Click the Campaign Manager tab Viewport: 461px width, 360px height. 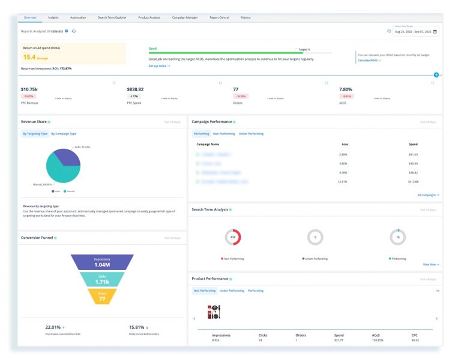[x=185, y=17]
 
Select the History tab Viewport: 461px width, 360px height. [x=246, y=17]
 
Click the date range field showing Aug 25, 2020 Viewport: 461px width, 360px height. [x=415, y=31]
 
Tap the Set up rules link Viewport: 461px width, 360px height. [x=159, y=65]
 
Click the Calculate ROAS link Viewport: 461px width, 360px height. [x=368, y=61]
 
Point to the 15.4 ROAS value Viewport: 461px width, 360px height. [x=29, y=57]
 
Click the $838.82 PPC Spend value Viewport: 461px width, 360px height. [x=135, y=89]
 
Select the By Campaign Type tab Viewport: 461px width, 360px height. [x=64, y=133]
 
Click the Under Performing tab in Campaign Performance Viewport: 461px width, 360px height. [x=251, y=133]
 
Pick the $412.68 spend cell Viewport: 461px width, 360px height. [x=413, y=181]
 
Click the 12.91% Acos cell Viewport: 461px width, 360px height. [x=342, y=181]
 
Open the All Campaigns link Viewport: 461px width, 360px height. [x=428, y=195]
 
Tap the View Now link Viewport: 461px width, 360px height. [x=430, y=264]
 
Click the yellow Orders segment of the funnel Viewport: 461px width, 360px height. [x=102, y=296]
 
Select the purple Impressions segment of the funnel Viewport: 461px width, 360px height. [x=102, y=262]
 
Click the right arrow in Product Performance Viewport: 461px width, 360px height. [x=436, y=319]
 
